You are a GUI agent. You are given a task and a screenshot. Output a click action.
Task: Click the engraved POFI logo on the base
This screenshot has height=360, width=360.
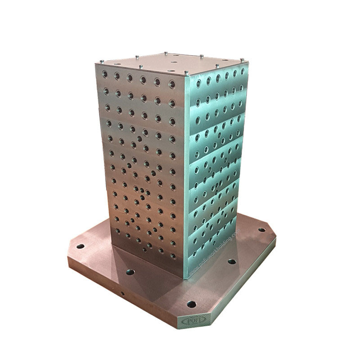pos(194,320)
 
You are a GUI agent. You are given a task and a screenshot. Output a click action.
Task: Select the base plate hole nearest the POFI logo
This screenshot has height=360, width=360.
pos(191,304)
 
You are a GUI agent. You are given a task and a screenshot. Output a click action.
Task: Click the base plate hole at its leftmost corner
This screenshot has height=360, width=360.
pos(80,246)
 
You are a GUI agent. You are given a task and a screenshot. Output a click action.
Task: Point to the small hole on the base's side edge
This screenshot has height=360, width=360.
pos(122,293)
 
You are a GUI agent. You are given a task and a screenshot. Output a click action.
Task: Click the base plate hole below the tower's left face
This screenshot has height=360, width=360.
pos(130,272)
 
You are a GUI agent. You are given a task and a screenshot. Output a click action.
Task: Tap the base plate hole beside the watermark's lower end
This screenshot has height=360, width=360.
pos(232,261)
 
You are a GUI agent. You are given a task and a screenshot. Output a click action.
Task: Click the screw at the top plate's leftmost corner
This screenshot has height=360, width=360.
pos(102,61)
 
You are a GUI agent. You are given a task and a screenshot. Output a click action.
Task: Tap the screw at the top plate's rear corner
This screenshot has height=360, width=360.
pos(166,53)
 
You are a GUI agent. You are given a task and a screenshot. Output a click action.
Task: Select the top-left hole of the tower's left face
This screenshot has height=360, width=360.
pos(105,74)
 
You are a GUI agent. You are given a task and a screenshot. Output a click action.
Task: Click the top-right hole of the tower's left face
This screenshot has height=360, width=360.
pos(172,84)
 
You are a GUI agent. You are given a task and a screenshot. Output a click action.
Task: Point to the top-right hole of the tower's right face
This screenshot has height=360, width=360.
pos(243,71)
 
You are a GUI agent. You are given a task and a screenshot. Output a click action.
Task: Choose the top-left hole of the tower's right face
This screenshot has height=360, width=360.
pos(198,84)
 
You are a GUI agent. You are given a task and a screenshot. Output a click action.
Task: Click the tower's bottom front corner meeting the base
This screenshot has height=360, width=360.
pos(184,278)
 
